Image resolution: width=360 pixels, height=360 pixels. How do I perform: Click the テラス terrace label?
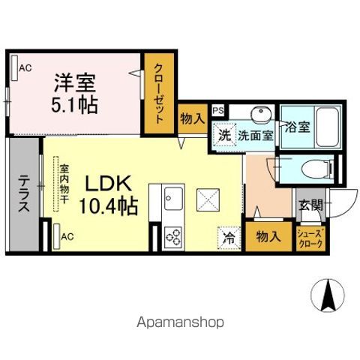point(25,193)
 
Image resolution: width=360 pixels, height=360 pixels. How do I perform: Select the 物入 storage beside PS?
point(192,119)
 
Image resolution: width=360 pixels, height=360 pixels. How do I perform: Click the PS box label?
point(217,110)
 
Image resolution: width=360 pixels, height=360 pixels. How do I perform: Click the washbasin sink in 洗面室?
point(260,115)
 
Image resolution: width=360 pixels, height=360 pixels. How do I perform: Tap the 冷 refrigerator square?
point(229,238)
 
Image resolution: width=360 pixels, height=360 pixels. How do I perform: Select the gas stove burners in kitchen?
point(173,237)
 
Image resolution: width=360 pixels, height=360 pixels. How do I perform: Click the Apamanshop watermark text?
point(180,323)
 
